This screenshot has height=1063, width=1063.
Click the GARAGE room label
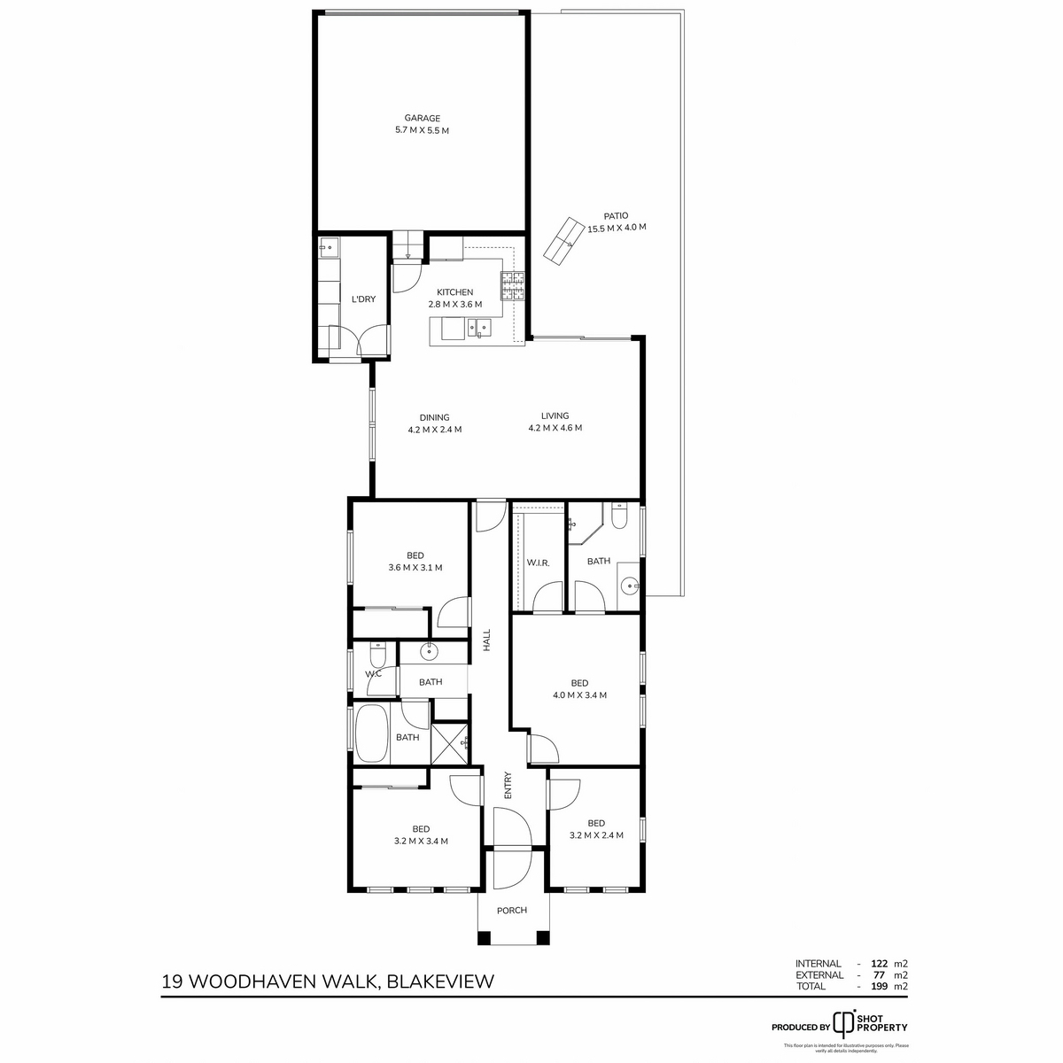(422, 118)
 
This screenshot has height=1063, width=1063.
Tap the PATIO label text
(616, 215)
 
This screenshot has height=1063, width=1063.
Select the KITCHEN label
(454, 292)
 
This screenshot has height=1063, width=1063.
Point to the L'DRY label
(364, 299)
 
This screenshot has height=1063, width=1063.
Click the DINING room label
(434, 417)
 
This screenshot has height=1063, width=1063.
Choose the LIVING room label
(555, 415)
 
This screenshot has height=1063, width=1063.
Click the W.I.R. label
(539, 563)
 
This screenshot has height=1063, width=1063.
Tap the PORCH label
(512, 911)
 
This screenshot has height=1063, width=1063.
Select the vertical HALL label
(486, 640)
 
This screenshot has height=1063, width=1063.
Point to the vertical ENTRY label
(508, 787)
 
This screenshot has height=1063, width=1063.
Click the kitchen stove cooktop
(512, 286)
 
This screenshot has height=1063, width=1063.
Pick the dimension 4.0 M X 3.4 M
(579, 695)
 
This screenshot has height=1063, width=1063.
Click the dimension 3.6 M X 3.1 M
(415, 568)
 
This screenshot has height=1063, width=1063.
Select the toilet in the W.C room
(376, 657)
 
